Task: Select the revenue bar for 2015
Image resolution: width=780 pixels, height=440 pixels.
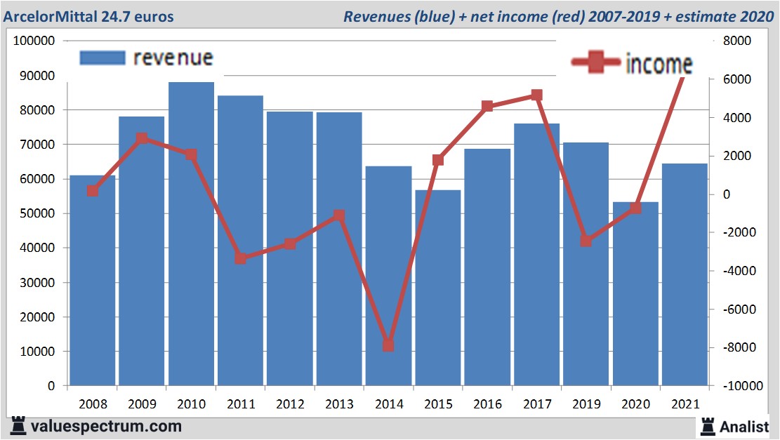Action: coord(438,288)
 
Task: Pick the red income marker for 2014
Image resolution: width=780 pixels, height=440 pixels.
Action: coord(388,345)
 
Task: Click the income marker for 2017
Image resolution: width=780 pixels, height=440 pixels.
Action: coord(536,95)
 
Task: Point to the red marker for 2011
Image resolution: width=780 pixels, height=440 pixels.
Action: coord(240,258)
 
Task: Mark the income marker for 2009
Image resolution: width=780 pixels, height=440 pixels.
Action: coord(141,138)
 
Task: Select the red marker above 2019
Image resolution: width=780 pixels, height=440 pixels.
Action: coord(586,241)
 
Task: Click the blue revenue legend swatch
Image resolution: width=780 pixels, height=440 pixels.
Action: coord(103,58)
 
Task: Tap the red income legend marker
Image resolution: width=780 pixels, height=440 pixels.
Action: coord(595,63)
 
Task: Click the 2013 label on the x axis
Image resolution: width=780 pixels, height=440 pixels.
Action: coord(339,404)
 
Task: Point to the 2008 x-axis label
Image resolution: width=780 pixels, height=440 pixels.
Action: coord(92,404)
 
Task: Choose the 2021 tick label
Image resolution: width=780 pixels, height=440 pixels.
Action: coord(685,404)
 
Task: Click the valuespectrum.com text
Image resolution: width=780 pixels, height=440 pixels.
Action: coord(106,426)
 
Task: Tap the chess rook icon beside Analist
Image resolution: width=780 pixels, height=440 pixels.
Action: coord(707,425)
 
